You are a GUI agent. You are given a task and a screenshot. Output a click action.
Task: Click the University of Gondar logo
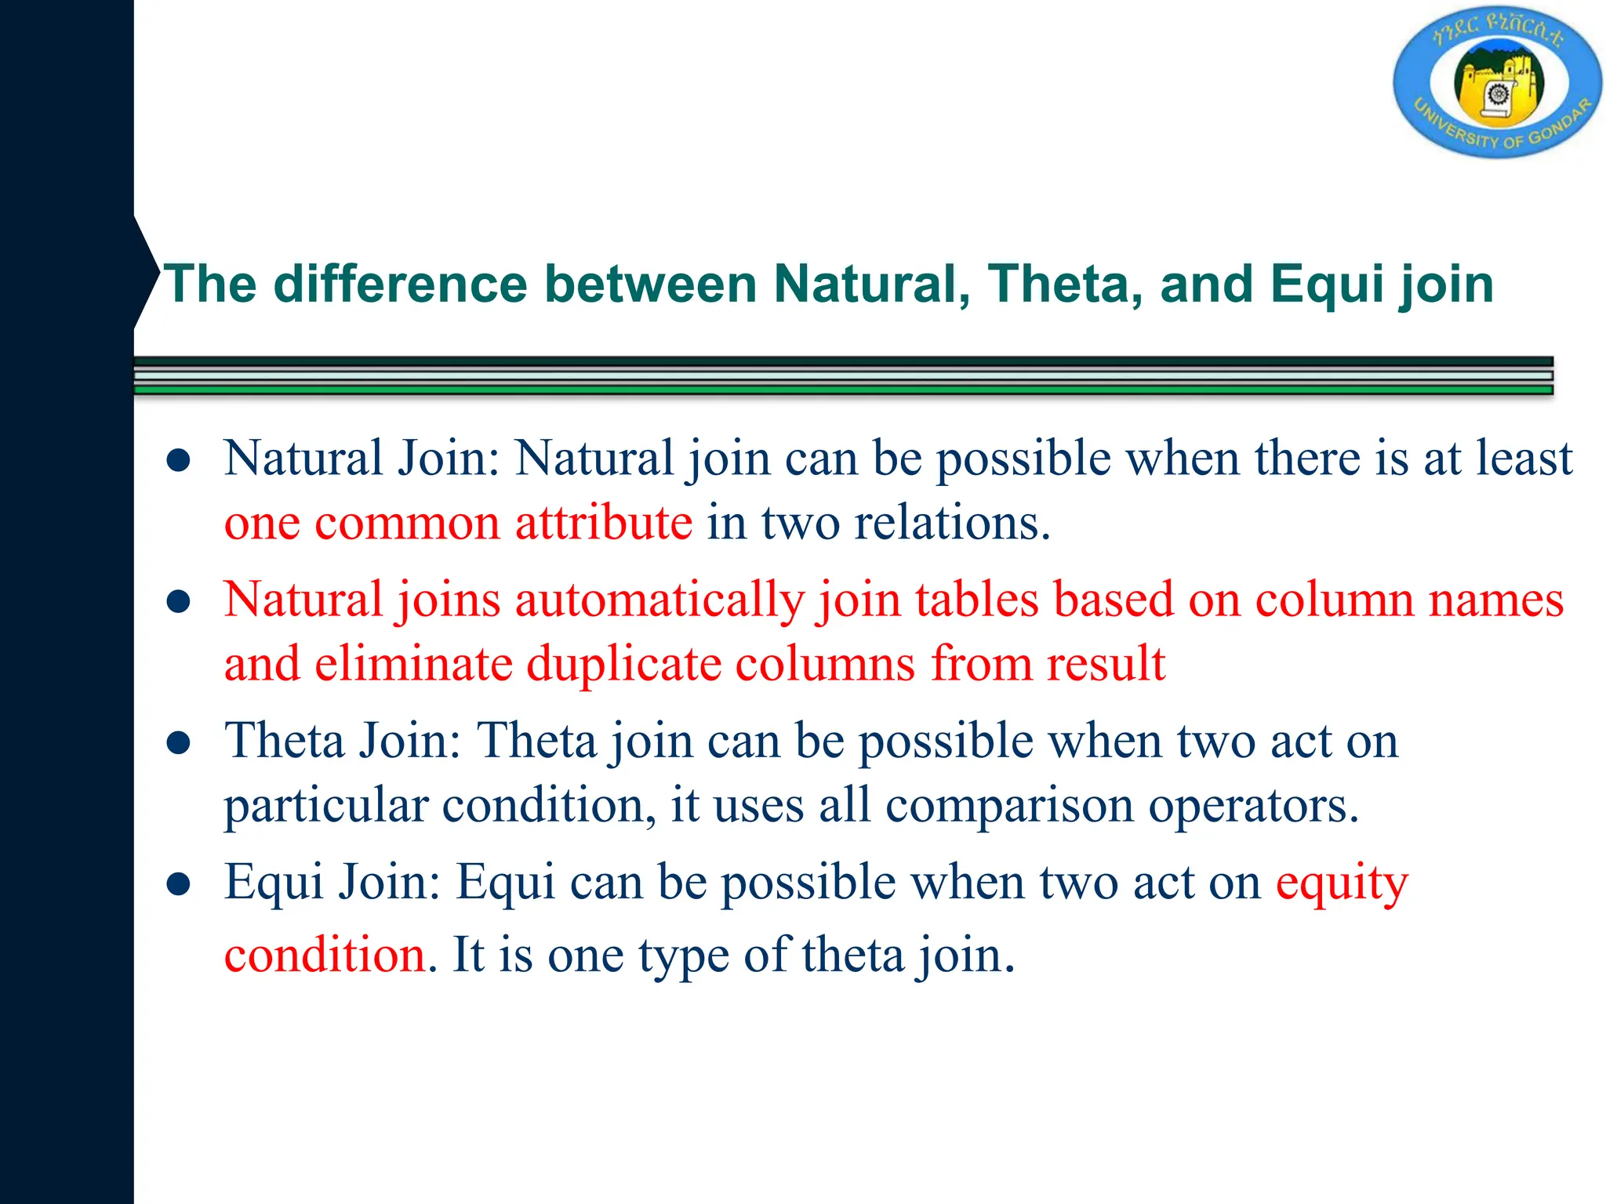pyautogui.click(x=1497, y=83)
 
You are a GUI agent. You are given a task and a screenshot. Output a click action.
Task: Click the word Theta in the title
pyautogui.click(x=1064, y=284)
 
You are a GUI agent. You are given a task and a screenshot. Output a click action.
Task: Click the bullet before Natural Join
pyautogui.click(x=179, y=461)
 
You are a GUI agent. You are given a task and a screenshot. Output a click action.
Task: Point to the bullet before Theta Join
pyautogui.click(x=179, y=743)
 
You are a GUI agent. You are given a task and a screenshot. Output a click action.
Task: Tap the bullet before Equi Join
pyautogui.click(x=179, y=884)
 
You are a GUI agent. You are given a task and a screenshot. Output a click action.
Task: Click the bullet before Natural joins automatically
pyautogui.click(x=179, y=602)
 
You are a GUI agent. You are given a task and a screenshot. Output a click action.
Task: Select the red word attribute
pyautogui.click(x=604, y=523)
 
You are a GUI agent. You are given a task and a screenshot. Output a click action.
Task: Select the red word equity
pyautogui.click(x=1342, y=883)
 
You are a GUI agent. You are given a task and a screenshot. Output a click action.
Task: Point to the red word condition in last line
pyautogui.click(x=325, y=956)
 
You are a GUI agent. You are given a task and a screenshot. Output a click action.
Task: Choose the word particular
pyautogui.click(x=325, y=805)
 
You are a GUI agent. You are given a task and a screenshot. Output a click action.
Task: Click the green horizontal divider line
pyautogui.click(x=843, y=389)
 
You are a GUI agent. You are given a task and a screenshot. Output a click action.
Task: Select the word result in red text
pyautogui.click(x=1106, y=664)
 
